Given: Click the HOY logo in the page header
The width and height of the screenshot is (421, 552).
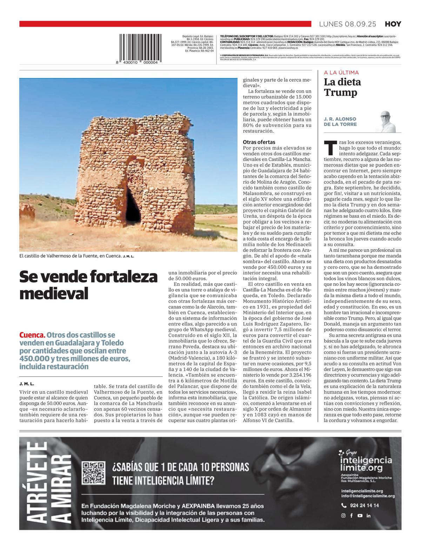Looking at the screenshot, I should pyautogui.click(x=393, y=24).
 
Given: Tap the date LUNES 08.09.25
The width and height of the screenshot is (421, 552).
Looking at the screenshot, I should pyautogui.click(x=347, y=24).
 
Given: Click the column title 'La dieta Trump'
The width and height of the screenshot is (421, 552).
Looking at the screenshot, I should pyautogui.click(x=342, y=87).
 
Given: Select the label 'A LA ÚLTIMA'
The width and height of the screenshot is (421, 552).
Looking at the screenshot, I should pyautogui.click(x=341, y=73).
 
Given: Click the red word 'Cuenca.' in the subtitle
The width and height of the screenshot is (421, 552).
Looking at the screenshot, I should pyautogui.click(x=32, y=335).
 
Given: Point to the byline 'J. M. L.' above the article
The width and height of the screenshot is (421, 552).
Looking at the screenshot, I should pyautogui.click(x=27, y=384).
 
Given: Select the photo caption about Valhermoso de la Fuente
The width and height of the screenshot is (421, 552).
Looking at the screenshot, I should pyautogui.click(x=77, y=256).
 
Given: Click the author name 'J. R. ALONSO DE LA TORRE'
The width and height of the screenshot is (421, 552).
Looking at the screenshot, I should pyautogui.click(x=340, y=122).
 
